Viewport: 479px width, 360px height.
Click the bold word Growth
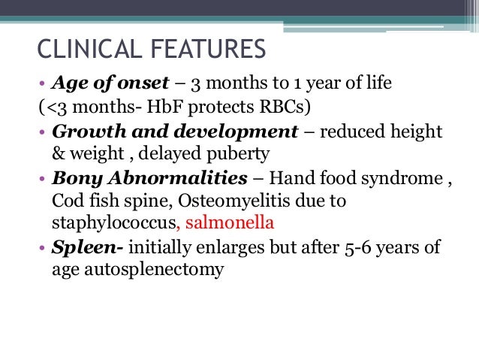[x=83, y=132]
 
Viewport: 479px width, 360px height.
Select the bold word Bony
[x=73, y=180]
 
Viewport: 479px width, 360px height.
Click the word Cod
[x=66, y=202]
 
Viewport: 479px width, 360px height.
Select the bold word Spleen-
[x=80, y=248]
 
